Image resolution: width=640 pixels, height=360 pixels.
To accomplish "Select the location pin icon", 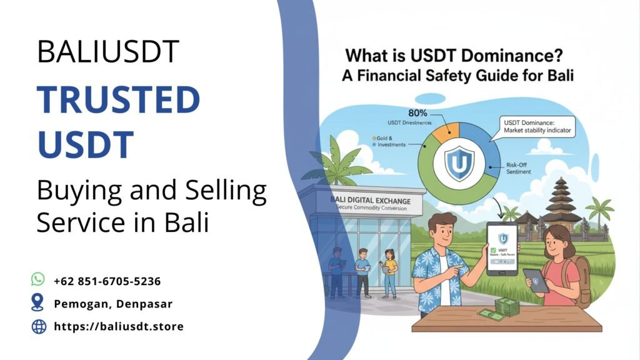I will tap(38, 303).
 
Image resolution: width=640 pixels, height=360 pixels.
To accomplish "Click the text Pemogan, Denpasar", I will tap(113, 304).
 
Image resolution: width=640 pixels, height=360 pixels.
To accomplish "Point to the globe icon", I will tap(38, 326).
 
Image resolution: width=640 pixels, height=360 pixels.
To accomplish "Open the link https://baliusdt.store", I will tap(119, 326).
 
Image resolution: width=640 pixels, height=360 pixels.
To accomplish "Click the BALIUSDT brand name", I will tap(107, 51).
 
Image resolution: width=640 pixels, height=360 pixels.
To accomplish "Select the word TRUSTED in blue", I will tap(118, 99).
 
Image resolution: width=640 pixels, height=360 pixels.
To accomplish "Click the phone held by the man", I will tap(502, 248).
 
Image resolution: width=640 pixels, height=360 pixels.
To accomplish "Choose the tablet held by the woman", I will tap(536, 280).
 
